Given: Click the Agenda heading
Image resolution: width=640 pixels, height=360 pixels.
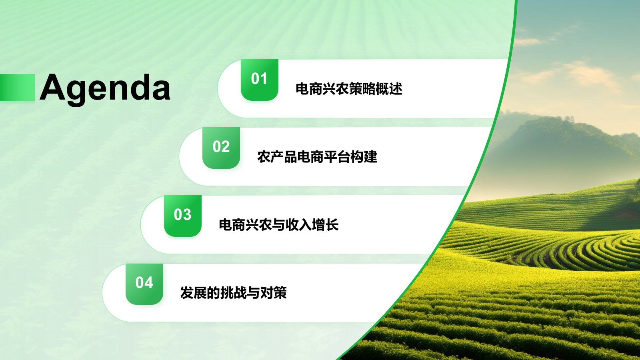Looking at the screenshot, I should click(106, 88).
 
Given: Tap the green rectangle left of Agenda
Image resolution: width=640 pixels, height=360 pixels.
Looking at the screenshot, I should click(17, 87).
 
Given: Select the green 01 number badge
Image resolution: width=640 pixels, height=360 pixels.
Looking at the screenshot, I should click(259, 80).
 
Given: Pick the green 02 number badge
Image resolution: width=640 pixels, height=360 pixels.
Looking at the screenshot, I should click(221, 148).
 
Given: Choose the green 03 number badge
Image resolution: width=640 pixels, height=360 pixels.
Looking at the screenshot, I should click(182, 216).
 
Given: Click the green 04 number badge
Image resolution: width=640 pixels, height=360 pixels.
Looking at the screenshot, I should click(144, 284).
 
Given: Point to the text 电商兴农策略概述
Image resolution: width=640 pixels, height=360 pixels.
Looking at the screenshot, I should click(349, 89).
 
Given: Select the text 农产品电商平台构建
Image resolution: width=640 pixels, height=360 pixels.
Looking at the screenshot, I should click(317, 157).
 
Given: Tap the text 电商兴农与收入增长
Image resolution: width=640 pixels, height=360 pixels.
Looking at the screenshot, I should click(279, 225).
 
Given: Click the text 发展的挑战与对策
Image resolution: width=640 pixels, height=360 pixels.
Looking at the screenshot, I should click(234, 293).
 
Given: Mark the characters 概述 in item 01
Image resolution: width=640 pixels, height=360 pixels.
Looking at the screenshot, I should click(389, 89).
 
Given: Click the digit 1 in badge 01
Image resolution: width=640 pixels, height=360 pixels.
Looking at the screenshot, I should click(264, 79).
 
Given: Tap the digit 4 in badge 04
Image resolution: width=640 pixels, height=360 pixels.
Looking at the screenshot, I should click(149, 283).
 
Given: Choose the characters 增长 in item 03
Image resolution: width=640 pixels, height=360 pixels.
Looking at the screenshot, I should click(325, 225).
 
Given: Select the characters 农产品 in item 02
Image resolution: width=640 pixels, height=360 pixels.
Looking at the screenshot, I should click(277, 157).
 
